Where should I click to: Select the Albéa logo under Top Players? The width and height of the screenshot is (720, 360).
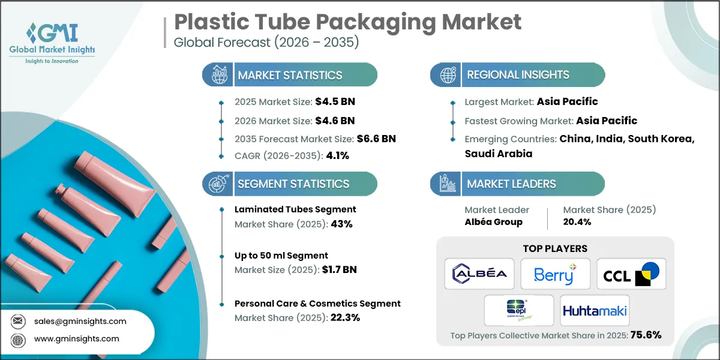click(479, 274)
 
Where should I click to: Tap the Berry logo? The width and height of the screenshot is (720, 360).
click(555, 274)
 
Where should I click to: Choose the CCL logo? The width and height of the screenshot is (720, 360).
click(631, 274)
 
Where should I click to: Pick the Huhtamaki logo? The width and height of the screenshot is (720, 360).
click(595, 310)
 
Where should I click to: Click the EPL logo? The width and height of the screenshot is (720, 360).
click(519, 310)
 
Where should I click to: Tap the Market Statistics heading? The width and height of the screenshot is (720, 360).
click(290, 75)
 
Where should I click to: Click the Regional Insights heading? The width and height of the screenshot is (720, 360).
click(518, 75)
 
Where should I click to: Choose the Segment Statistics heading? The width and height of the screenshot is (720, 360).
click(293, 184)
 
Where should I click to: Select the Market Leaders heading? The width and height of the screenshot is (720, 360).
click(512, 184)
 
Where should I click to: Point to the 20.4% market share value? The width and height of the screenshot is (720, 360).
click(577, 222)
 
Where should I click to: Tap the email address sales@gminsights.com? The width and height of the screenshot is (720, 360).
click(80, 321)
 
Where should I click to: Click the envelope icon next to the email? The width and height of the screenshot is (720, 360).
click(19, 321)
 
